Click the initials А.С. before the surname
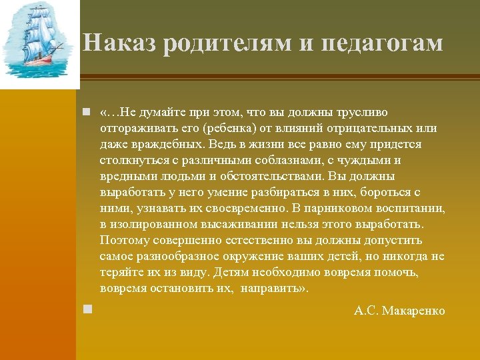367,311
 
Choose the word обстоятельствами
277,176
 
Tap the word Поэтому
123,240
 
